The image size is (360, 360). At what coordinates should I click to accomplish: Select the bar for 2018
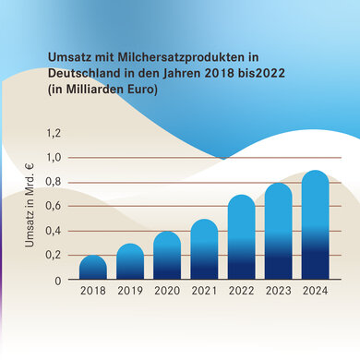[93, 268]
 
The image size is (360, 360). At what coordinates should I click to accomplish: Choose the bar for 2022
[241, 238]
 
